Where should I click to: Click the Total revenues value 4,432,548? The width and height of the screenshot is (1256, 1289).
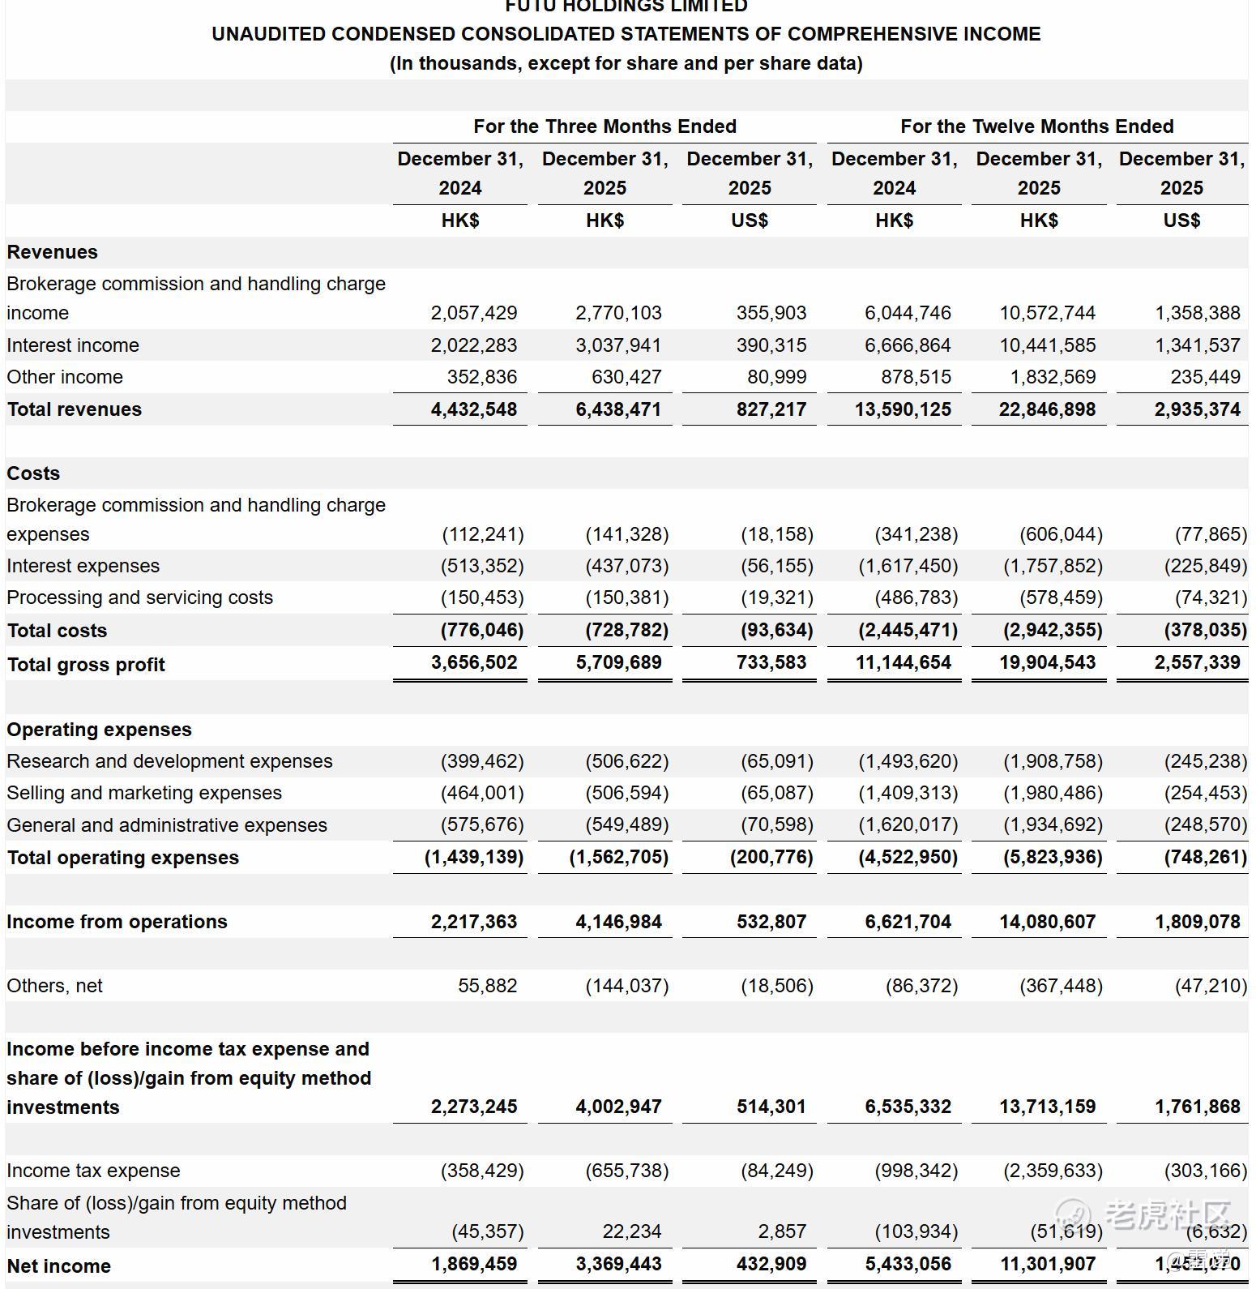click(474, 409)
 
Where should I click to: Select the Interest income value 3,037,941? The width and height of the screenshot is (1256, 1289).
click(618, 345)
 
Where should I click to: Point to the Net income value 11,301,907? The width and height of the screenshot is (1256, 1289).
click(1047, 1264)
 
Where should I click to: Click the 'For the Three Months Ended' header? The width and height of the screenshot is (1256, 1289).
click(605, 126)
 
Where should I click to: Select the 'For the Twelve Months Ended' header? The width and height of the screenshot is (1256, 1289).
click(1036, 126)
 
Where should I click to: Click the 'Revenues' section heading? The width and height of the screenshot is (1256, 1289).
click(53, 252)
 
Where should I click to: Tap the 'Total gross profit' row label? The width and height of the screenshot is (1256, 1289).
click(86, 665)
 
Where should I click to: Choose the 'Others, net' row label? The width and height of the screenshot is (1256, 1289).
click(55, 986)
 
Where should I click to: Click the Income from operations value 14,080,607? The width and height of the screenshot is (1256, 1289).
click(1047, 922)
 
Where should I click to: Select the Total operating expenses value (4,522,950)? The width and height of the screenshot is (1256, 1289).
click(908, 857)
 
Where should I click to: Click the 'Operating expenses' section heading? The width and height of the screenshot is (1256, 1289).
click(100, 730)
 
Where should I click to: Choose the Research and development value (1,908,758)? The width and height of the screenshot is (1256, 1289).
click(1053, 761)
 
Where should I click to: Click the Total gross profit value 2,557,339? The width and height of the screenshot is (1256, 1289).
click(1197, 662)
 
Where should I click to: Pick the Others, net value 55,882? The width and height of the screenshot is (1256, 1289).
click(487, 986)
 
